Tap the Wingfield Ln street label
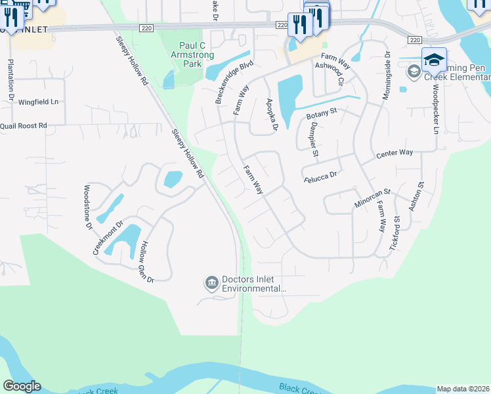click(38, 102)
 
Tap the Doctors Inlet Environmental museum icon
click(211, 283)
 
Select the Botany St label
click(321, 113)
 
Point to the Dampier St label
click(312, 142)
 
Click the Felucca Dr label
click(320, 175)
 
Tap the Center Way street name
click(394, 153)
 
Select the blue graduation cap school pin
click(434, 60)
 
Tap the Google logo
click(22, 386)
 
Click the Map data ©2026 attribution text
click(463, 389)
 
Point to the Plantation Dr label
click(11, 81)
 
